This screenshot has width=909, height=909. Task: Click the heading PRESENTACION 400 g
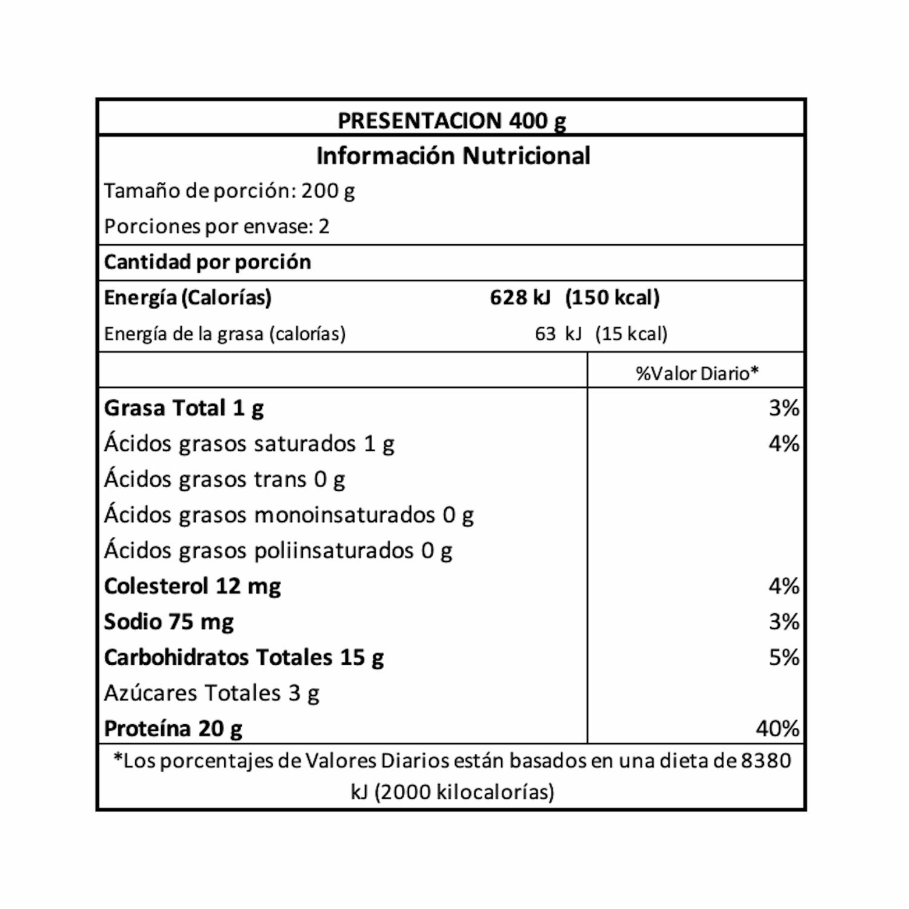point(451,121)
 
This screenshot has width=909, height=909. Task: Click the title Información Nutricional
point(453,156)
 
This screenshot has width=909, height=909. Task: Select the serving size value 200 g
point(328,191)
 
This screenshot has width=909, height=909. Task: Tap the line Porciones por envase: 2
point(216,227)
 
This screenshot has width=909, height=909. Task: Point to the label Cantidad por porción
point(207,262)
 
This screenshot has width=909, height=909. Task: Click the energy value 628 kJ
point(520,298)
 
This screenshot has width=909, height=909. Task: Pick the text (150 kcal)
point(612,298)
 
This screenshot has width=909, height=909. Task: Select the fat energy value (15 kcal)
point(631,334)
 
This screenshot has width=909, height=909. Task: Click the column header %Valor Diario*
point(697,373)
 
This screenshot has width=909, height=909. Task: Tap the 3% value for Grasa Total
point(784,408)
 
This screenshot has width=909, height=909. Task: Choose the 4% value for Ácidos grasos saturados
point(784,444)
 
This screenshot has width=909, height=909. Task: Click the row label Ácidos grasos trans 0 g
point(224,479)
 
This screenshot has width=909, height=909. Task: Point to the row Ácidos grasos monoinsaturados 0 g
point(288,515)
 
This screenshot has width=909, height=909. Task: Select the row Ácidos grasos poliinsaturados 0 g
point(278,550)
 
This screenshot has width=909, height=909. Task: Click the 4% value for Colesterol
point(784,586)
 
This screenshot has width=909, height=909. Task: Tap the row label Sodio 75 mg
point(168,622)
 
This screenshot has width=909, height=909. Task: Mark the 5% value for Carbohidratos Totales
point(784,658)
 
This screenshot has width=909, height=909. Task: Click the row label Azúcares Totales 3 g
point(211,693)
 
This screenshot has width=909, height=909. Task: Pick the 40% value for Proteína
point(777,728)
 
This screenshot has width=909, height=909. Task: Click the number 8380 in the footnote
point(765,761)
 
